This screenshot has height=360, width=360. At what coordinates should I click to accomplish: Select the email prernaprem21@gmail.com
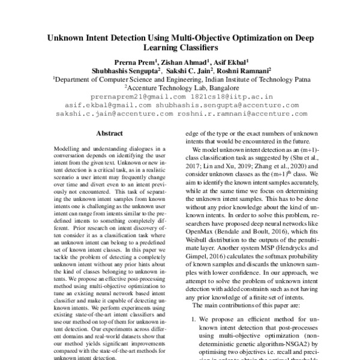pyautogui.click(x=130, y=96)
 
